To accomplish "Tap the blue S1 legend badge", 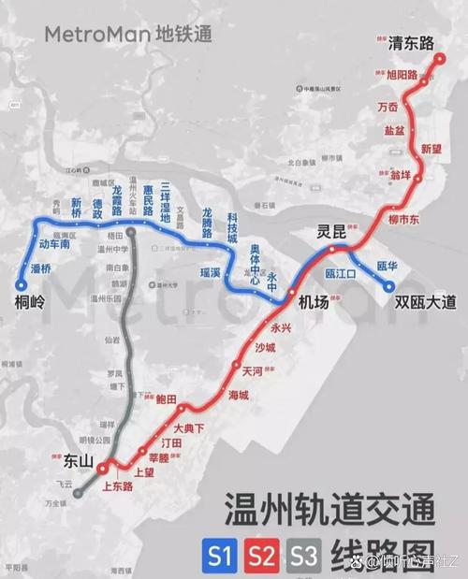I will [x=219, y=557].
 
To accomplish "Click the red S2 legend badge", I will [x=261, y=557].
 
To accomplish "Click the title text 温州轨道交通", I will [x=329, y=514].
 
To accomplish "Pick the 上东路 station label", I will [x=119, y=486].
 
